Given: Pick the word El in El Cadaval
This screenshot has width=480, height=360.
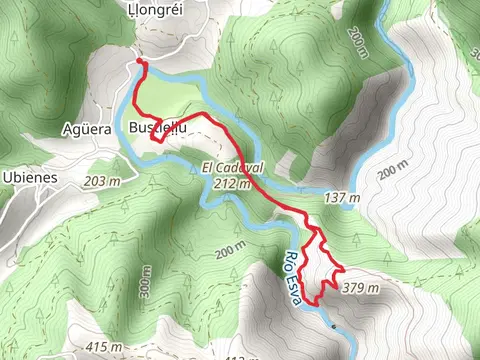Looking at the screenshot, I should [x=208, y=168].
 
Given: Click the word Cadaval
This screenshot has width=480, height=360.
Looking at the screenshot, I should [x=241, y=168].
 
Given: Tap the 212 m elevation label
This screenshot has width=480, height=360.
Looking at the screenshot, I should [x=231, y=185].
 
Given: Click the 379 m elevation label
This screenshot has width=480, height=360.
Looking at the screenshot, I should [x=360, y=288].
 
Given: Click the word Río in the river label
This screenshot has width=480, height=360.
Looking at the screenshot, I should [x=291, y=264].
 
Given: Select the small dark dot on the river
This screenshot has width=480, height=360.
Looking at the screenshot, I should [x=333, y=326].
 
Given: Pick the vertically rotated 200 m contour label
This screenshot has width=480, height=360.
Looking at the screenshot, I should [x=358, y=43].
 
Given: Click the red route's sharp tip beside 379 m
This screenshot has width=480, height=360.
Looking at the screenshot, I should [x=344, y=271].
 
